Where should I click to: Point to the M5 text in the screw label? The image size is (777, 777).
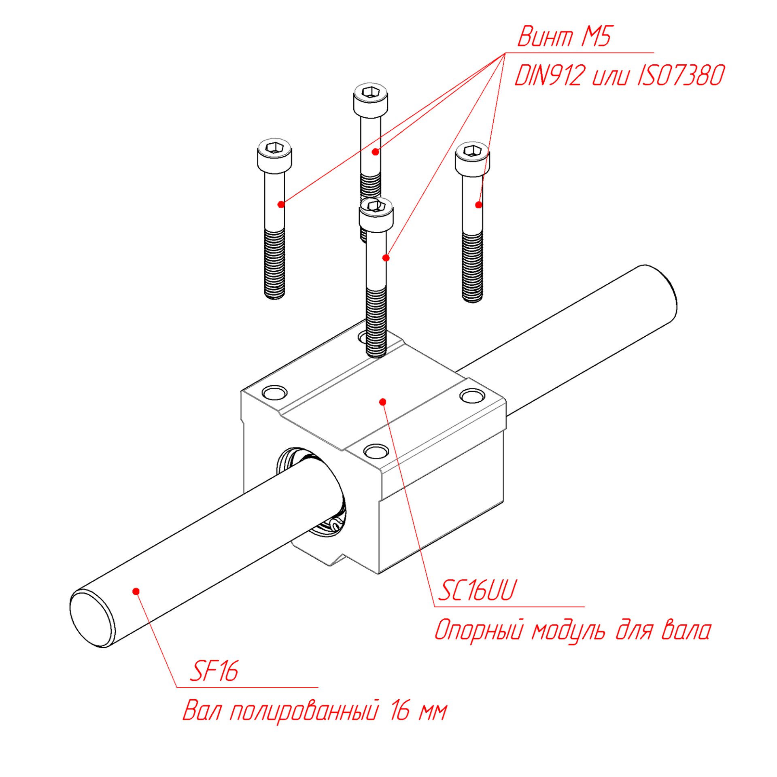click(x=596, y=36)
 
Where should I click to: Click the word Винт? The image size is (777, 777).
click(x=546, y=36)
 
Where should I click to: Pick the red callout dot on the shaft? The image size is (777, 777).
click(x=136, y=592)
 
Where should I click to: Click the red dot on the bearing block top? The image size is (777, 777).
click(x=383, y=402)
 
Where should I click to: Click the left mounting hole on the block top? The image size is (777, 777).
click(x=275, y=392)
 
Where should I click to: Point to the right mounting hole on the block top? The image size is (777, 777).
click(x=472, y=396)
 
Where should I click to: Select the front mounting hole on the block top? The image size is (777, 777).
click(x=376, y=451)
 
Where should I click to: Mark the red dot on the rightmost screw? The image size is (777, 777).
click(x=479, y=205)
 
